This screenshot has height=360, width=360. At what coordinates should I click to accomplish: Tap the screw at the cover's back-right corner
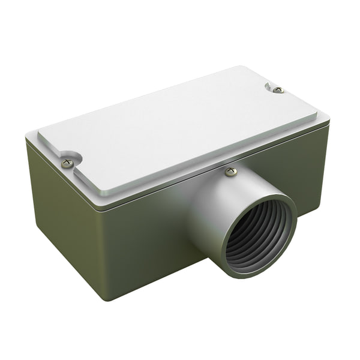278,89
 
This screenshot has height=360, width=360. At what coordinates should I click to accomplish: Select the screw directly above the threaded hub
231,172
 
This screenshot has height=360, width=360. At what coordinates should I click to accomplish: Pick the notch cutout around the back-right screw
273,87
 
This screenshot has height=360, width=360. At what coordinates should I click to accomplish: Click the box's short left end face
60,222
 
